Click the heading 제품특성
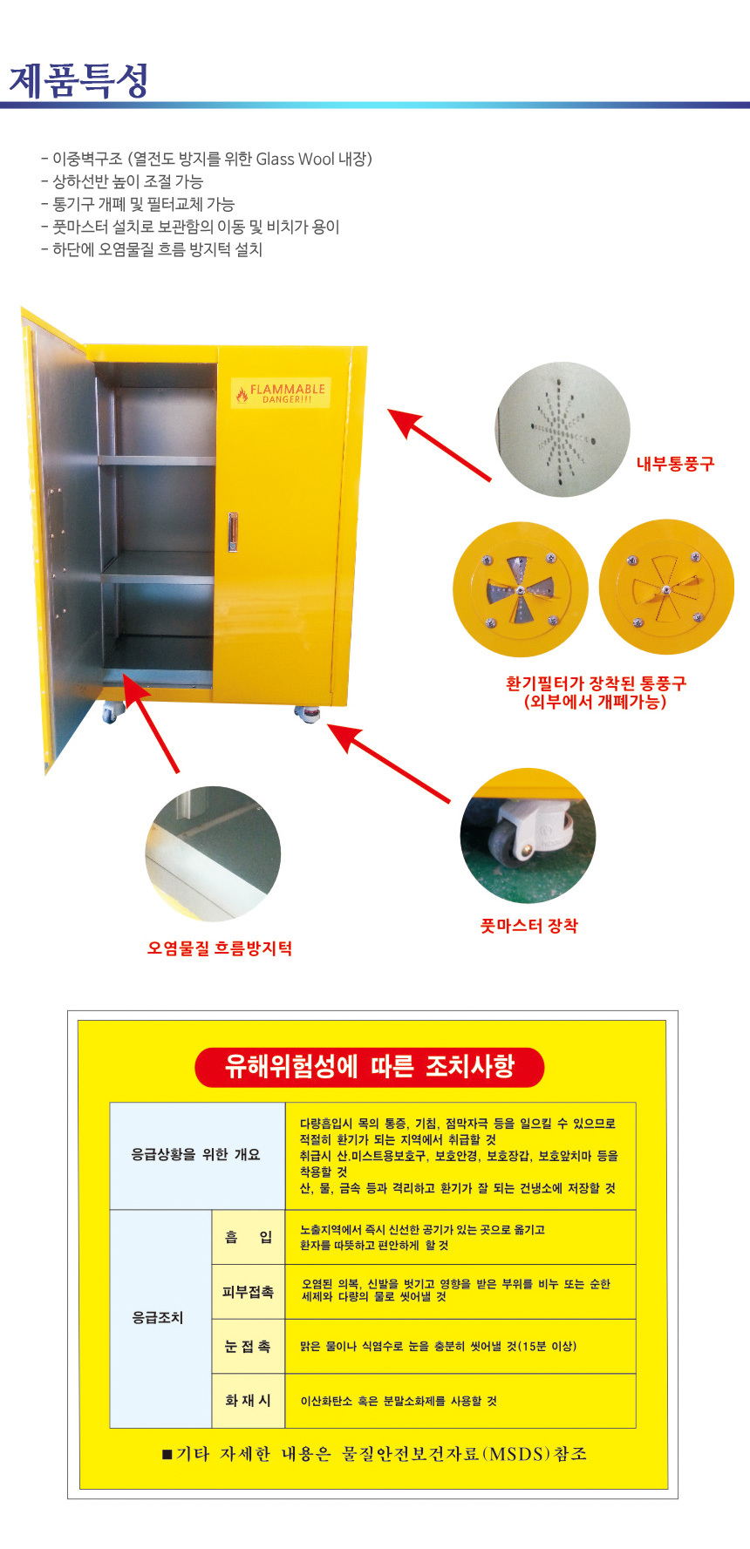coord(78,80)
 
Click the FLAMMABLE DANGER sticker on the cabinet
coord(281,393)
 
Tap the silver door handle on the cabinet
coord(233,532)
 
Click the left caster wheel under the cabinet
coord(112,712)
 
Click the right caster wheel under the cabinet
coord(307,714)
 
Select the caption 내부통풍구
coord(675,464)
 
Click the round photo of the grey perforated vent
coord(562,430)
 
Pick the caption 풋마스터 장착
coord(528,926)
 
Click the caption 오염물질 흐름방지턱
coord(220,948)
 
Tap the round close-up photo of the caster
coord(528,836)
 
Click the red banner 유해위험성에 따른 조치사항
coord(370,1067)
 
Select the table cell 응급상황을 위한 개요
coord(197,1155)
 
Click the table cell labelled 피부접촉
coord(249,1292)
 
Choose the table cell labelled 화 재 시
coord(249,1400)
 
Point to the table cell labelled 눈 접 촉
coord(249,1346)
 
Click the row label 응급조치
coord(158,1318)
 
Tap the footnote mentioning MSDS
coord(374,1454)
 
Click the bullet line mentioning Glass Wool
coord(207,159)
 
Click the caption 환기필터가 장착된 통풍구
coord(596,683)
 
